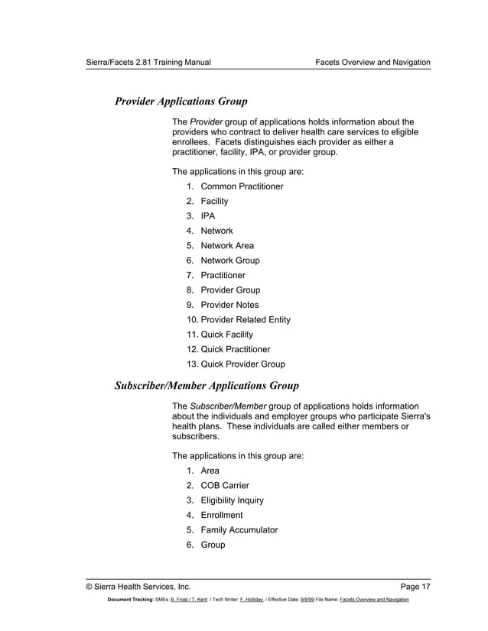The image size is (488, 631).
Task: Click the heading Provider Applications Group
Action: click(181, 100)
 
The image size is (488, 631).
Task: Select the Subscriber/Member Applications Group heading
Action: click(206, 385)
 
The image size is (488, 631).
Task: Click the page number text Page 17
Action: click(415, 587)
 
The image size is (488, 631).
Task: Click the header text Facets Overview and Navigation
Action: click(373, 61)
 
